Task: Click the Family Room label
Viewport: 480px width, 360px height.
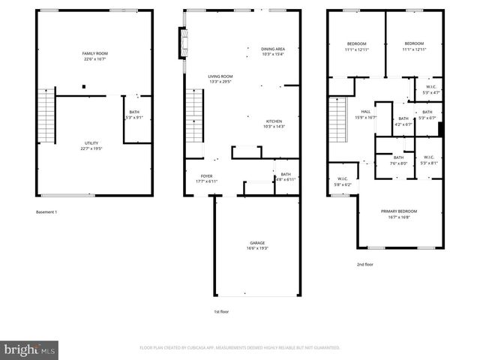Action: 95,55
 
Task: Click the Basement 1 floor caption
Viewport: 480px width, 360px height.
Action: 46,212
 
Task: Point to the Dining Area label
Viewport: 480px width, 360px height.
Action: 273,51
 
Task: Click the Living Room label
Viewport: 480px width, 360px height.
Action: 220,79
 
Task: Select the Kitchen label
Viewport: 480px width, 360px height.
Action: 274,124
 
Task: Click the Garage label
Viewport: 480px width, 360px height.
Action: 257,245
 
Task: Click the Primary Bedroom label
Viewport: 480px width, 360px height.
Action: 398,214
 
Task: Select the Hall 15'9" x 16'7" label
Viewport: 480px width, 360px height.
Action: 365,115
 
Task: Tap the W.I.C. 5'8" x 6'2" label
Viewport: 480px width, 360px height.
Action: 342,181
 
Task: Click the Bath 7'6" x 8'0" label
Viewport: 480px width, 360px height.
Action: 398,160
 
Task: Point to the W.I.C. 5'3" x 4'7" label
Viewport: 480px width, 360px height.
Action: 431,89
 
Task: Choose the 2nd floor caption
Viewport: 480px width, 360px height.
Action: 364,264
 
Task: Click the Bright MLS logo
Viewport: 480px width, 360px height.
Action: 29,349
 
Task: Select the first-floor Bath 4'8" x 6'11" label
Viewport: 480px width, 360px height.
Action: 286,177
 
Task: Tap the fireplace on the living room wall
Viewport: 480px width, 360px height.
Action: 181,43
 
